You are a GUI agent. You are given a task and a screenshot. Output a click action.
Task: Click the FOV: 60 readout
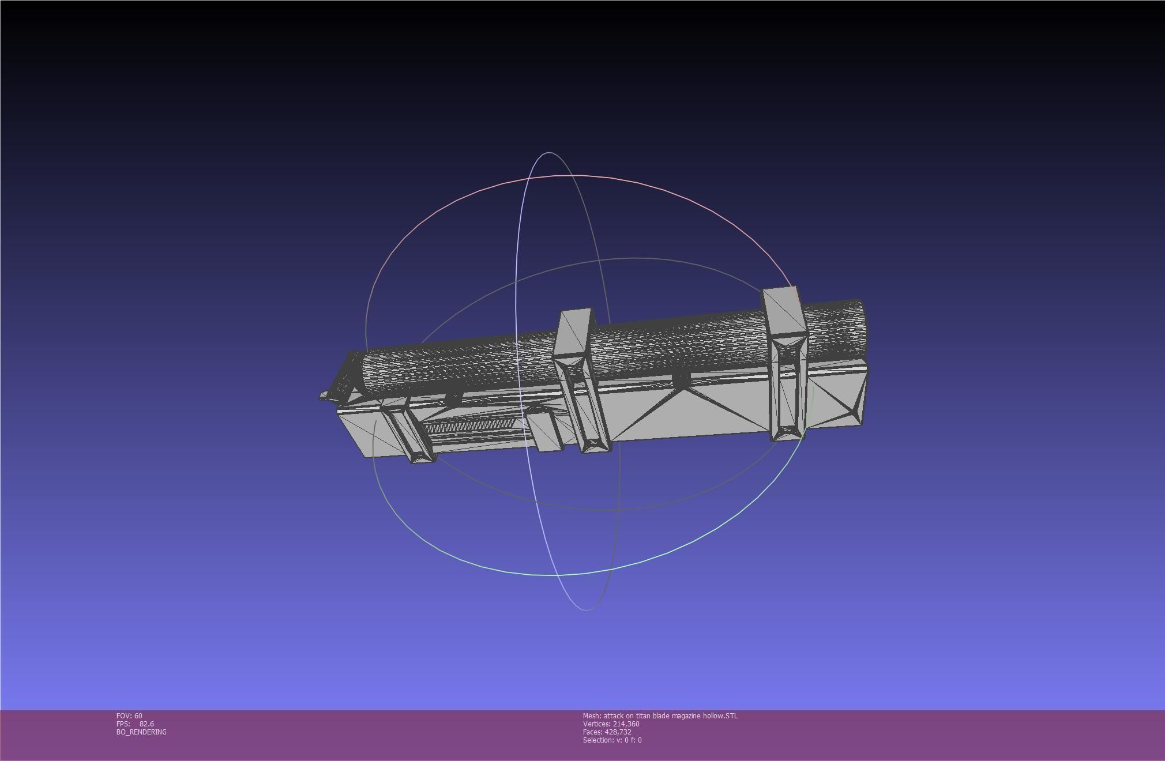pos(129,716)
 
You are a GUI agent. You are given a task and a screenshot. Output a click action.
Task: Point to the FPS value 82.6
pos(146,724)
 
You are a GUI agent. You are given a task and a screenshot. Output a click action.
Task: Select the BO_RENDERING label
pos(141,732)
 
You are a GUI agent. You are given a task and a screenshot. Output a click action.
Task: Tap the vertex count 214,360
pos(626,724)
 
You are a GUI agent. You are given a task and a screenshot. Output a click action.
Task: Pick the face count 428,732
pos(618,732)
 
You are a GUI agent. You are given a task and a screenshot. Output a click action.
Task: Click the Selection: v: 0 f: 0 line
pos(612,740)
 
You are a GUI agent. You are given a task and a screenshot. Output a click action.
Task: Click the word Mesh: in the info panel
pos(592,716)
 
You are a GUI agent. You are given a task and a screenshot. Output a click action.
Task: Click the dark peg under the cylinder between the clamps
pos(681,379)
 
